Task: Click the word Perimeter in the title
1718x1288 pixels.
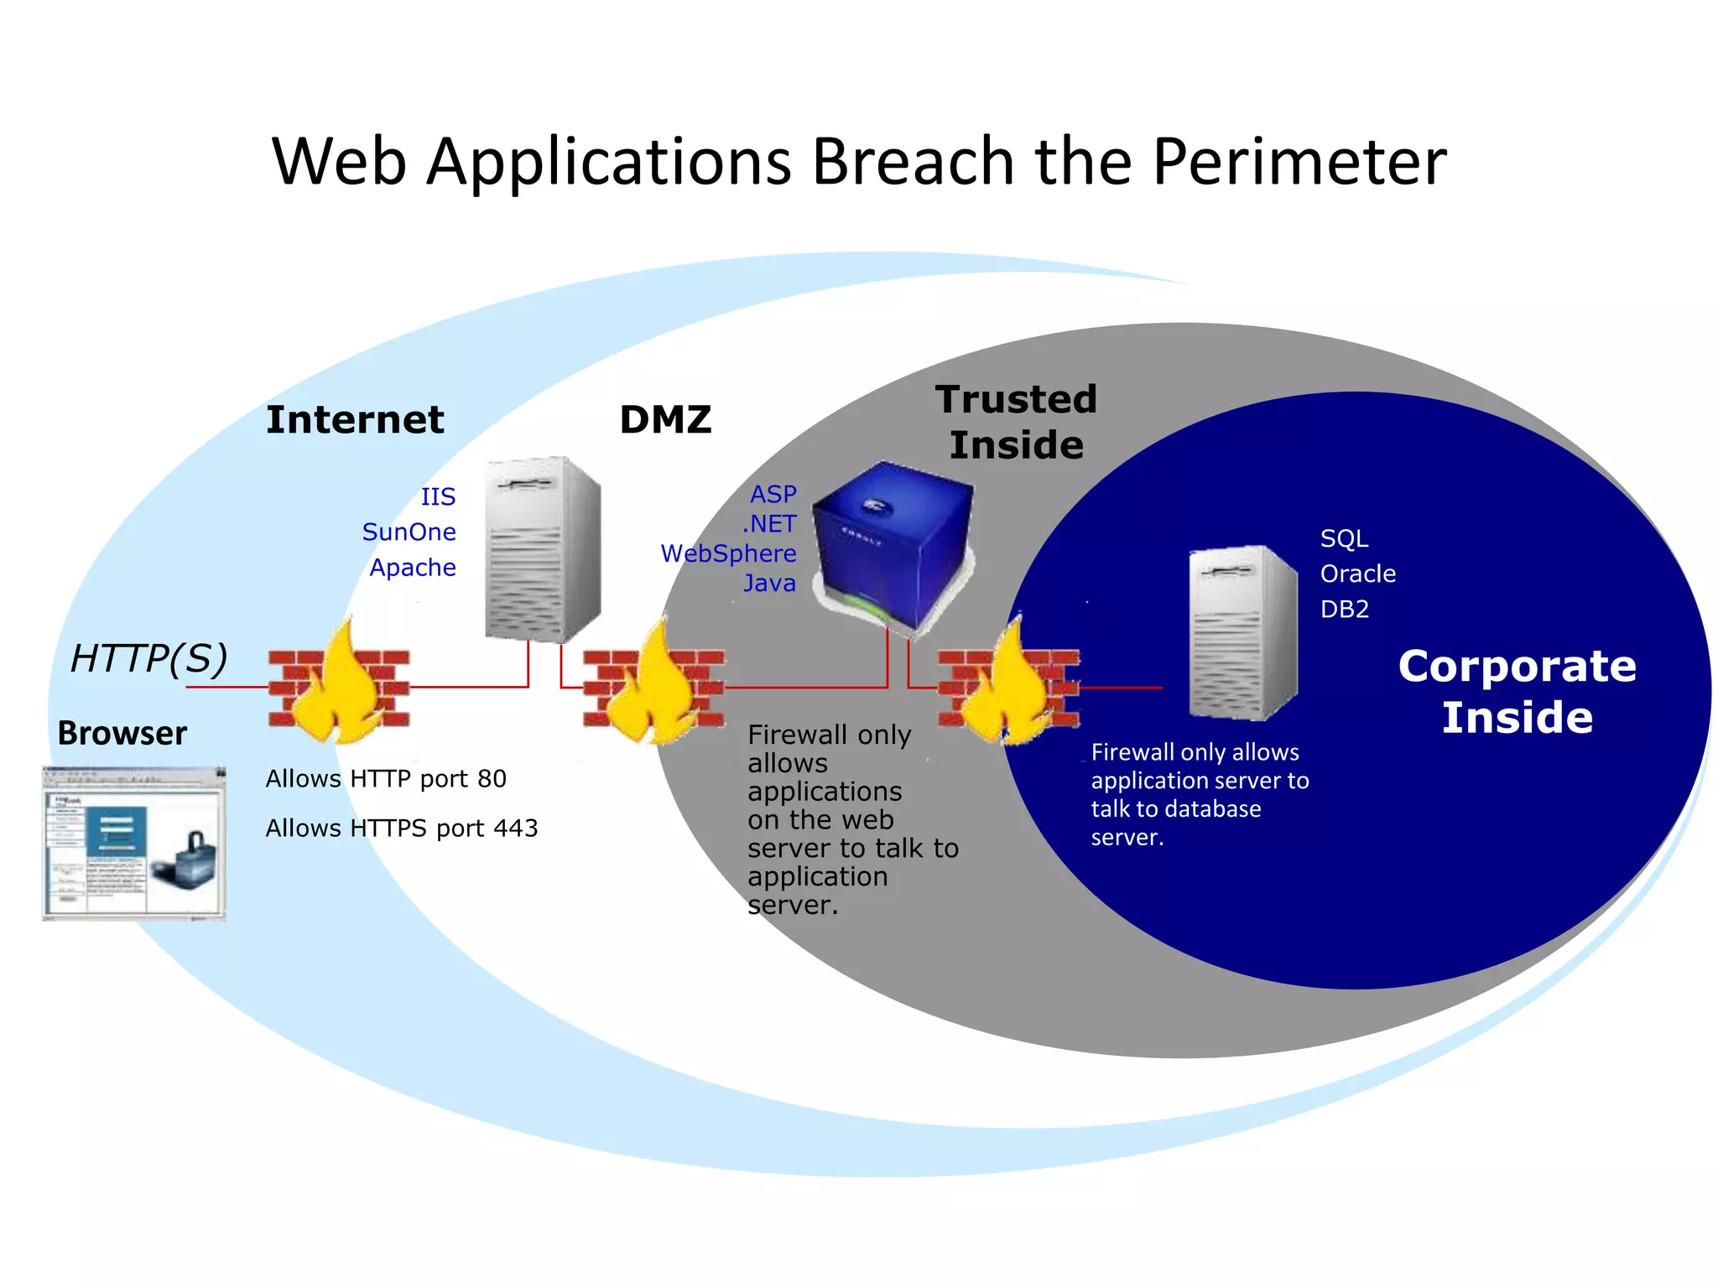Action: click(1299, 161)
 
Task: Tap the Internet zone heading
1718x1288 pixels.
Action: click(355, 419)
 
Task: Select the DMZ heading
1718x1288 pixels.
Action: click(665, 419)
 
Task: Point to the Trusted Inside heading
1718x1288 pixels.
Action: click(1016, 422)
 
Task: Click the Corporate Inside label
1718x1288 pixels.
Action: click(1517, 692)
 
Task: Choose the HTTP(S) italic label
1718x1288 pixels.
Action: click(149, 658)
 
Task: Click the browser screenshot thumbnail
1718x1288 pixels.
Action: click(134, 843)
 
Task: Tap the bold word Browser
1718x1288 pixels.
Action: click(122, 733)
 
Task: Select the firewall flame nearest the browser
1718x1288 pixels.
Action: click(339, 688)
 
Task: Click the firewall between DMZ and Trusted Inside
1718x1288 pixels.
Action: click(654, 688)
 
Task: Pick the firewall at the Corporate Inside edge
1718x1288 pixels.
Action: click(1008, 688)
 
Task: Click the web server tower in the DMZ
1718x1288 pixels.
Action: click(543, 549)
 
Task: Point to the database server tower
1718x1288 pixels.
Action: click(1242, 633)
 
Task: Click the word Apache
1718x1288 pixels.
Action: click(413, 568)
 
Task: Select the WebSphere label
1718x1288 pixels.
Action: click(728, 553)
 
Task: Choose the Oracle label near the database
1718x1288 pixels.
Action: click(1357, 574)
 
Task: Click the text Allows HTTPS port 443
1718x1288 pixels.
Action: click(401, 828)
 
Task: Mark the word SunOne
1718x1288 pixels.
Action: click(409, 532)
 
